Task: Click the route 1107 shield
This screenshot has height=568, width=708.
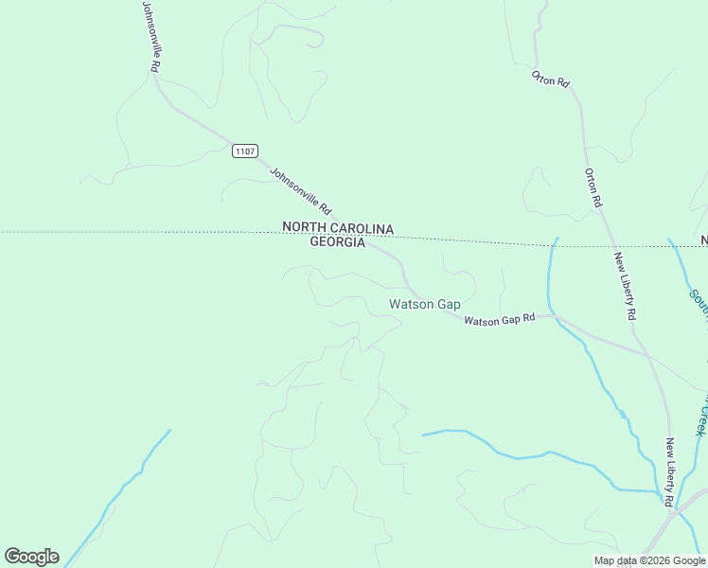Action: pyautogui.click(x=245, y=151)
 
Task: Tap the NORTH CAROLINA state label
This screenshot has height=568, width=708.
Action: pyautogui.click(x=338, y=228)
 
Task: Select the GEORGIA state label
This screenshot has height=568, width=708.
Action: pyautogui.click(x=338, y=242)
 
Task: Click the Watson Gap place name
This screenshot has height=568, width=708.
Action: pyautogui.click(x=425, y=305)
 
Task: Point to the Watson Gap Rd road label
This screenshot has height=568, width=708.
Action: pyautogui.click(x=500, y=321)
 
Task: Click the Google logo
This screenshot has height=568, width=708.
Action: pyautogui.click(x=31, y=557)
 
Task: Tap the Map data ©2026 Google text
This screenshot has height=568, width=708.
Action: pyautogui.click(x=649, y=560)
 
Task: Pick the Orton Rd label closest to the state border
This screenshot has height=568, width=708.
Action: pyautogui.click(x=593, y=188)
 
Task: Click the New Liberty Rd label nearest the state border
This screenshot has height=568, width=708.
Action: pyautogui.click(x=624, y=285)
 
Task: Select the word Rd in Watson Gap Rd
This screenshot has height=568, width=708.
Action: pyautogui.click(x=529, y=318)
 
